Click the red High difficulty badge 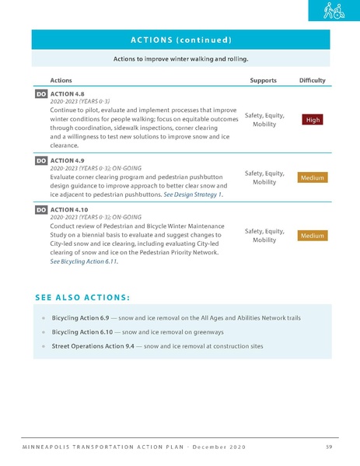click(312, 119)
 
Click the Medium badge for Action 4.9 click(312, 177)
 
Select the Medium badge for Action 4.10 click(312, 235)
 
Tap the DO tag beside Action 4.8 click(41, 93)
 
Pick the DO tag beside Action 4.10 click(41, 209)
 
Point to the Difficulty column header click(312, 80)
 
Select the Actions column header click(61, 80)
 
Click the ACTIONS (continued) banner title click(180, 39)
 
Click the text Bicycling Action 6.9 click(82, 318)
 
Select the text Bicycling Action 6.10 click(84, 332)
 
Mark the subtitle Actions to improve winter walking click(180, 58)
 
